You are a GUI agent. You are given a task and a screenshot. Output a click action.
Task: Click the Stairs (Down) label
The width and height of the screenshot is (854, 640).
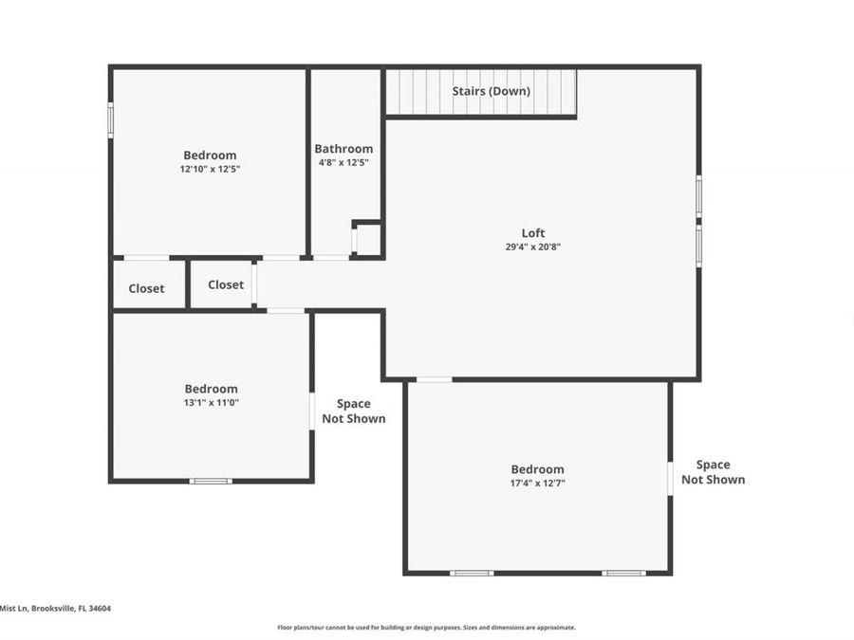coord(491,91)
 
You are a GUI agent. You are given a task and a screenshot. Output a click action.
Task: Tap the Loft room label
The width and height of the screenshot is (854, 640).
coord(533,233)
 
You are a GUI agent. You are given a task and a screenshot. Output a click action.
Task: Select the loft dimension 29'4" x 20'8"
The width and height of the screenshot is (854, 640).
coord(533,247)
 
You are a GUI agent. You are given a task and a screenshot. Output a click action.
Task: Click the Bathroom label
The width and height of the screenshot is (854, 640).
coord(343,149)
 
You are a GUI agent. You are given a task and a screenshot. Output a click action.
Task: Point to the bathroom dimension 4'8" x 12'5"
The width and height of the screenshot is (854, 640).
coord(343,162)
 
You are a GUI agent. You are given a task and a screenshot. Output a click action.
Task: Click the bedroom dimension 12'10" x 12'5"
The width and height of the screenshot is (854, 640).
coord(210,169)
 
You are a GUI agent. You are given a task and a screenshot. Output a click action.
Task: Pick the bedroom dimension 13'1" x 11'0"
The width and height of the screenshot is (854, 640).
coord(211,402)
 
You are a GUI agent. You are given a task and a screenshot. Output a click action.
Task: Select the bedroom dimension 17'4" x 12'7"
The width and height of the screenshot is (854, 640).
coord(537,483)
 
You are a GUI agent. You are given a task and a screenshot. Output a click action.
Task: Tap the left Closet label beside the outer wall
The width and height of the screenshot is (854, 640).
coord(146,288)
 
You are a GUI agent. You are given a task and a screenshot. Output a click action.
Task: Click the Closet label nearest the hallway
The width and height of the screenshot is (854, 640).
coord(226,284)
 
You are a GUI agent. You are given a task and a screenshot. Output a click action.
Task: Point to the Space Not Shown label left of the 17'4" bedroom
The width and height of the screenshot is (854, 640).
coord(354,411)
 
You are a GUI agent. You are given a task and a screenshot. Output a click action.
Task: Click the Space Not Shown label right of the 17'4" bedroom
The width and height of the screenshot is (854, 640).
coord(713,471)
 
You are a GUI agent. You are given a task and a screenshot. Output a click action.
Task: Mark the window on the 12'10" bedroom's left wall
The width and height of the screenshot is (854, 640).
coord(111,120)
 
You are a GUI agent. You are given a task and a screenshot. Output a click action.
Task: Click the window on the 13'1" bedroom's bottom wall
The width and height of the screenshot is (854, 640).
coord(211,481)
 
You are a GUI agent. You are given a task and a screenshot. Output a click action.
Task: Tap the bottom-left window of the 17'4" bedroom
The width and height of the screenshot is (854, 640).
coord(472,573)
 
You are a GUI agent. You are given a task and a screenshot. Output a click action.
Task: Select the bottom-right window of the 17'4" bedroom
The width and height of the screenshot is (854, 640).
coord(624,573)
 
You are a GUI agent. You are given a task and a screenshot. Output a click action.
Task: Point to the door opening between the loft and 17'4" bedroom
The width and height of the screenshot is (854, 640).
coord(435,380)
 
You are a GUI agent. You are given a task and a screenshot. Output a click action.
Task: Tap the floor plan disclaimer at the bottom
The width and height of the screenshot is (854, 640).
coord(426,627)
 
